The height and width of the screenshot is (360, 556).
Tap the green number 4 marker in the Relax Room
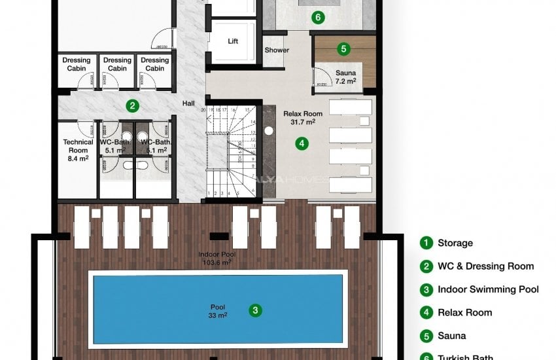301,142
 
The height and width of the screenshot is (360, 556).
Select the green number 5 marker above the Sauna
343,48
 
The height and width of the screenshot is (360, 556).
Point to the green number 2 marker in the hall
132,105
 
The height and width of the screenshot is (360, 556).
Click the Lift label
233,41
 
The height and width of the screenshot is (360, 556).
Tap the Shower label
277,50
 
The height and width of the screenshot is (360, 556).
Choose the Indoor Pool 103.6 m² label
217,258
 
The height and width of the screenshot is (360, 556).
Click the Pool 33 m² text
217,311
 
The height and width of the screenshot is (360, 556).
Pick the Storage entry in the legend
455,243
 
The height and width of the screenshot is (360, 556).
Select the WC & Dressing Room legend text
485,266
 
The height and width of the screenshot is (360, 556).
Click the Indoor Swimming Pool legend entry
488,289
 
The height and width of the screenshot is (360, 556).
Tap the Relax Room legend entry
464,312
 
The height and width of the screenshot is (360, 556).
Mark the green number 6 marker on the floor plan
318,18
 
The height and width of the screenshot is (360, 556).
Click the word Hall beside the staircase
188,103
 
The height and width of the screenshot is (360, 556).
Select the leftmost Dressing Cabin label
77,64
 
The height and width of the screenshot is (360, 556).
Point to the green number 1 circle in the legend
426,243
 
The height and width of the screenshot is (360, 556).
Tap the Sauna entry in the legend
451,336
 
